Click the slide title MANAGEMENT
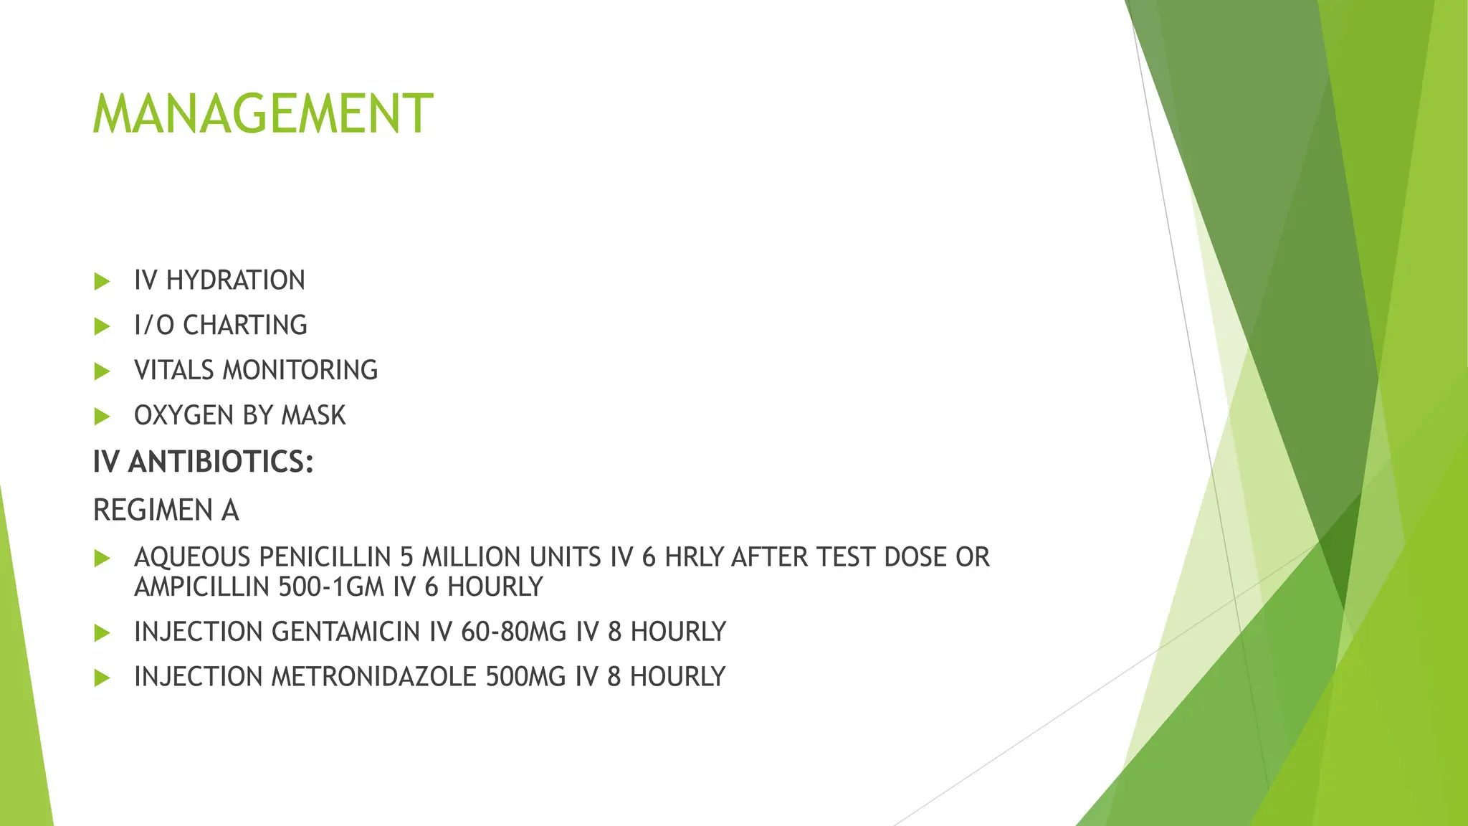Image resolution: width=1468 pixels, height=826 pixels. pos(262,114)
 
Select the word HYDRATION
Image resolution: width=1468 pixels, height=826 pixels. pos(236,280)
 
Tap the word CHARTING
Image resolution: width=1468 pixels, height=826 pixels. pos(245,326)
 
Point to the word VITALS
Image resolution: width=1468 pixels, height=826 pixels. pos(174,371)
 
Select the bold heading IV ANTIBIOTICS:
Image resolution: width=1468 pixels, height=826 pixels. pos(204,462)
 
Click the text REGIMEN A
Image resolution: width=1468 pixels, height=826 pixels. pos(166,511)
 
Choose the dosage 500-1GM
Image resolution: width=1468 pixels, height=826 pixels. pos(332,587)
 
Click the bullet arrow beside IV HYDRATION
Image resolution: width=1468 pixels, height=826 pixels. pos(102,281)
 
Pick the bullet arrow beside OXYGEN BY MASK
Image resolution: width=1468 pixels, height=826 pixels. pos(102,417)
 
